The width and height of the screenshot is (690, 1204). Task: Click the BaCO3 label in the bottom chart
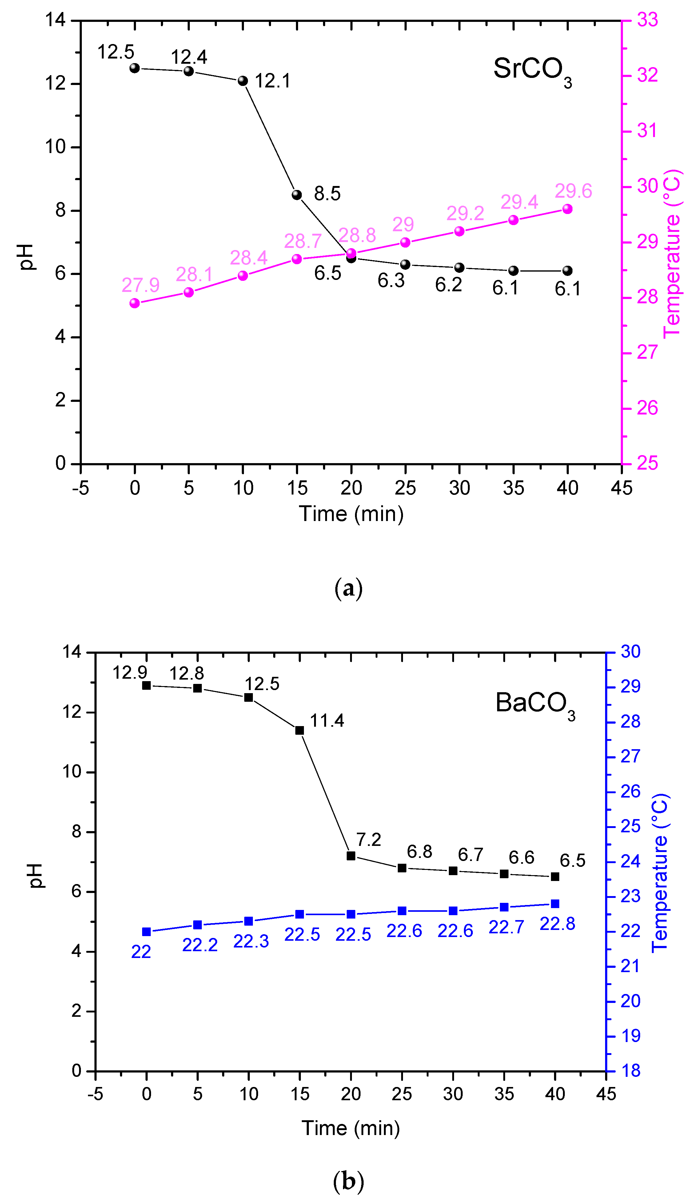click(x=535, y=704)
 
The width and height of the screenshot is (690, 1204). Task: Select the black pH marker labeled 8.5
click(x=297, y=195)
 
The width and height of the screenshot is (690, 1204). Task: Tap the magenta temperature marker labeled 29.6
click(x=567, y=209)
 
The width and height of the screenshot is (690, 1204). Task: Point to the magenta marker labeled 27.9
click(x=135, y=303)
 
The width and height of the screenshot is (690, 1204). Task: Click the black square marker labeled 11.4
click(x=300, y=730)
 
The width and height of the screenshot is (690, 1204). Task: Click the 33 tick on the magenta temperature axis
click(x=647, y=20)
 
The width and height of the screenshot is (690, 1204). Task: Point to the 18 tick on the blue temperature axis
click(x=630, y=1071)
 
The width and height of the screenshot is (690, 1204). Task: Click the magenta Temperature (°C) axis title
click(x=672, y=253)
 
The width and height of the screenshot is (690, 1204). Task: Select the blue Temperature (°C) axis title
click(x=660, y=873)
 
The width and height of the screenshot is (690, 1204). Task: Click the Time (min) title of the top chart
click(x=351, y=514)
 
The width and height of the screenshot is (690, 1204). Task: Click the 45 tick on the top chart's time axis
click(x=621, y=488)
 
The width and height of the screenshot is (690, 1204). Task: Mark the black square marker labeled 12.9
click(x=146, y=685)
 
